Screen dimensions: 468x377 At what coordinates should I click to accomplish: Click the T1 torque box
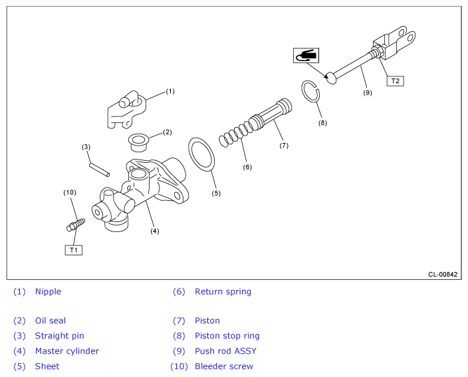(x=73, y=250)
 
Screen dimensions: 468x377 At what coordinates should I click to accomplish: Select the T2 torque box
(x=395, y=81)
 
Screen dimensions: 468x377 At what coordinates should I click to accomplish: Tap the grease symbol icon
(x=306, y=56)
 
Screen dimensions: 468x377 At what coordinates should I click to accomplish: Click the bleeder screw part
(x=76, y=225)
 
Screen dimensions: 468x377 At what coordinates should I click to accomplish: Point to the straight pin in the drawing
(x=100, y=170)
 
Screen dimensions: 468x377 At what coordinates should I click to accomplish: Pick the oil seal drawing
(x=139, y=142)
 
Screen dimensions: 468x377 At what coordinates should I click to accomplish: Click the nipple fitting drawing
(x=126, y=109)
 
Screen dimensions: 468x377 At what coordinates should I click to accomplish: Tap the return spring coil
(x=237, y=133)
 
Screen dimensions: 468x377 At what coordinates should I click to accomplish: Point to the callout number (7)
(x=284, y=146)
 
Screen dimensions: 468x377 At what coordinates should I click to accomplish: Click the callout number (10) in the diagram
(x=70, y=193)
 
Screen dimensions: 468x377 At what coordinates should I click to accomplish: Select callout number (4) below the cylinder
(x=155, y=231)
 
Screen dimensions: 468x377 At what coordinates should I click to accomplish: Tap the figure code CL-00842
(x=443, y=275)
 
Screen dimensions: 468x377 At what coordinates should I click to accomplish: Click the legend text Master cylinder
(x=67, y=351)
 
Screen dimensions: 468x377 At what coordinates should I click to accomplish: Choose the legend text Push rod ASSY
(x=225, y=351)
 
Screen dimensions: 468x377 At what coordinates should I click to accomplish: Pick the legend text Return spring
(x=223, y=292)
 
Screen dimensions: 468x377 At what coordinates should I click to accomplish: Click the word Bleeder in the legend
(x=209, y=366)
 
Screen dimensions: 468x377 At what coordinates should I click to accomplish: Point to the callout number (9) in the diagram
(x=368, y=92)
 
